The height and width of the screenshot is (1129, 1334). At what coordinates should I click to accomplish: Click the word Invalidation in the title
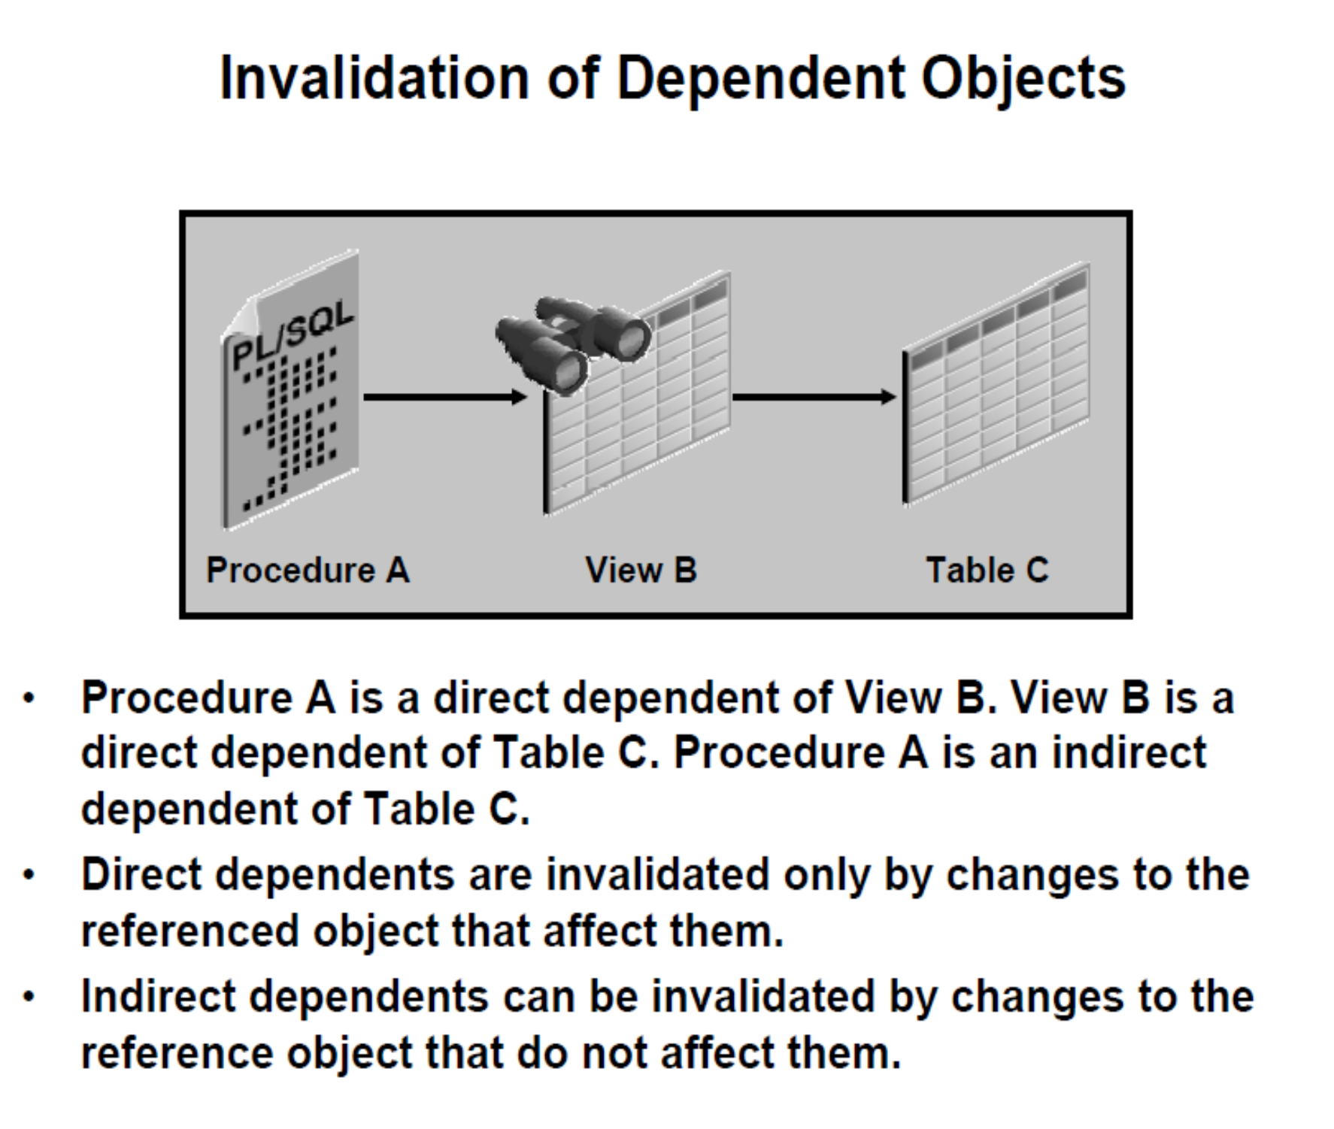pos(374,78)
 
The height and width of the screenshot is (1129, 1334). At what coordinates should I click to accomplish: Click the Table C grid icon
pos(996,383)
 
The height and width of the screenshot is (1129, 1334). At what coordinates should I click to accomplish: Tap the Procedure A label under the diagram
pos(308,570)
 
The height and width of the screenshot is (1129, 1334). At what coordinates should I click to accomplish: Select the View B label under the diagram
pos(641,570)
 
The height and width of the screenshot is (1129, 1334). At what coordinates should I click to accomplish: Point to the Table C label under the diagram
pos(987,570)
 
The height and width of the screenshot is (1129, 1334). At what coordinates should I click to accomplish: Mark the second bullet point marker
pos(29,876)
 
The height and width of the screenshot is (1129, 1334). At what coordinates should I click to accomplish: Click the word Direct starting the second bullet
pos(142,876)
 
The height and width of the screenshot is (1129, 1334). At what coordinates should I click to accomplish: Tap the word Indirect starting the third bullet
pos(158,997)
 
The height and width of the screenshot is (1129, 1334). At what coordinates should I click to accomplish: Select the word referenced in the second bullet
pos(190,932)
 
